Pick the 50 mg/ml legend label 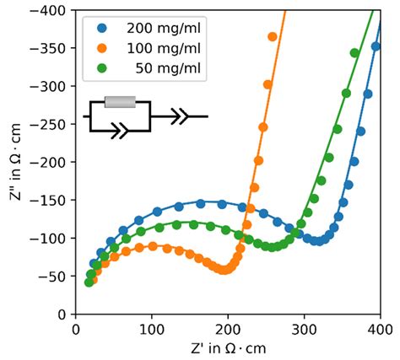[166, 67]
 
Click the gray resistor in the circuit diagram [119, 102]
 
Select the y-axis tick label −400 [52, 10]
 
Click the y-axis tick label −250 [52, 124]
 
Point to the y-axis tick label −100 [52, 238]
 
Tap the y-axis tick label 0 [64, 314]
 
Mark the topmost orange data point [273, 36]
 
